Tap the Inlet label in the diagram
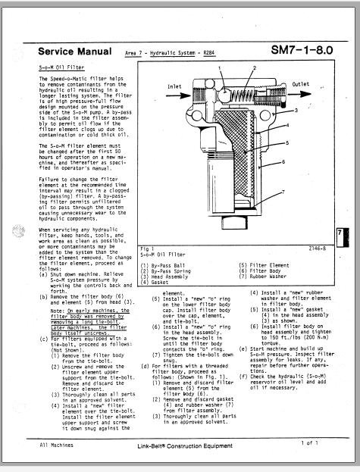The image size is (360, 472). [x=174, y=86]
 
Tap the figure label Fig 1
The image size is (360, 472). [x=147, y=247]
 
